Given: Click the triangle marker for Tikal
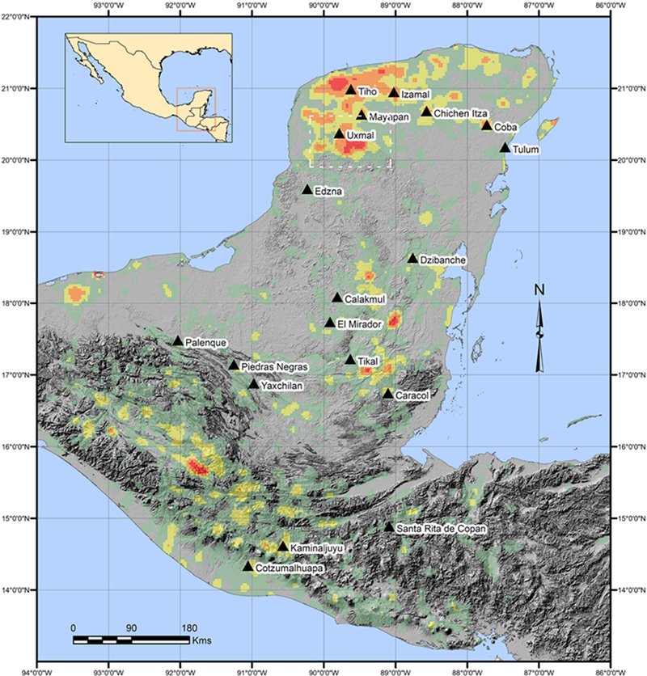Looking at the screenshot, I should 350,360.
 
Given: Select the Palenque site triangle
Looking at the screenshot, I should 178,341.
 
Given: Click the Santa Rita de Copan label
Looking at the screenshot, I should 442,529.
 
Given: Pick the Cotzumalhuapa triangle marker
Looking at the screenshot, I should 248,566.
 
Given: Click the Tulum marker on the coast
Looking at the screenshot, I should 505,148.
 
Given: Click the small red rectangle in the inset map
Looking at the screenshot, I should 196,108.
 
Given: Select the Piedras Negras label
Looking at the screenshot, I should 275,366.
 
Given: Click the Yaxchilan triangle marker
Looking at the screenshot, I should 254,384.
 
